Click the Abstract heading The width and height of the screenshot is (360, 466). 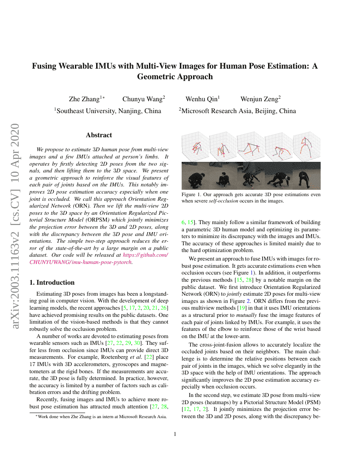99,135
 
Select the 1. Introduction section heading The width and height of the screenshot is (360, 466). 53,283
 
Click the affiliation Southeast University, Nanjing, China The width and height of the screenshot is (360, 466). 108,111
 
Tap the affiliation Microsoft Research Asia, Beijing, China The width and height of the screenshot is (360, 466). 237,111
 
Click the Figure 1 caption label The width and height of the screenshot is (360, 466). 191,194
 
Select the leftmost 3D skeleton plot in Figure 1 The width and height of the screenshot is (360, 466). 195,147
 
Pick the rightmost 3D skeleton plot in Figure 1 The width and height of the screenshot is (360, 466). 307,147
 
